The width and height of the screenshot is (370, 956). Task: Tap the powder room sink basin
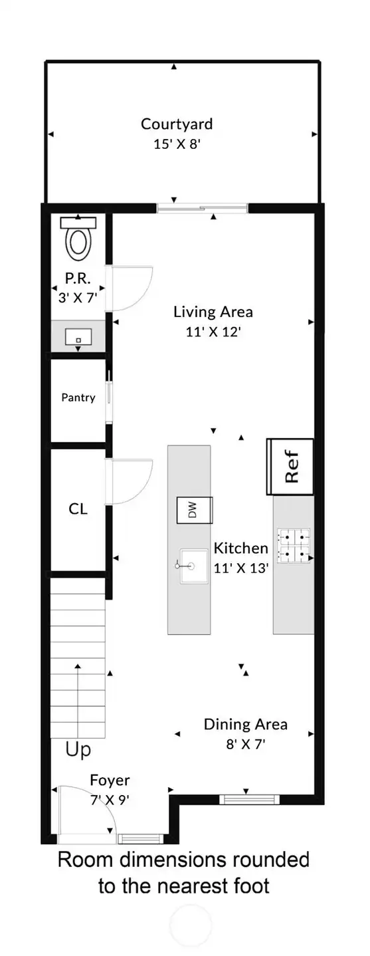[x=78, y=337]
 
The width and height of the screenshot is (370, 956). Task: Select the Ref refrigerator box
[x=290, y=467]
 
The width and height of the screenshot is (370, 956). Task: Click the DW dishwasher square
[x=195, y=510]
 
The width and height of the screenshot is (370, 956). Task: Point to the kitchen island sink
[x=194, y=566]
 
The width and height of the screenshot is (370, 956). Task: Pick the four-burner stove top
[x=294, y=545]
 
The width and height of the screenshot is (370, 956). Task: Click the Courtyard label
[x=177, y=124]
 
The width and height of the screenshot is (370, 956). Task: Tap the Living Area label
[x=213, y=312]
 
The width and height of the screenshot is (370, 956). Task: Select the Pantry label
[x=78, y=398]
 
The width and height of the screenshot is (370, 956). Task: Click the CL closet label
[x=78, y=509]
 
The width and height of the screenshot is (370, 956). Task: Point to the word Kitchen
[x=241, y=548]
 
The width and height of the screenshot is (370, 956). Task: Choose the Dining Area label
[x=246, y=724]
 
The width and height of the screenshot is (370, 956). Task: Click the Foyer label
[x=110, y=780]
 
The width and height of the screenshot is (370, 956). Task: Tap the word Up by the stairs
[x=78, y=749]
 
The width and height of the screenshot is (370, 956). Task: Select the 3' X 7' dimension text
[x=78, y=297]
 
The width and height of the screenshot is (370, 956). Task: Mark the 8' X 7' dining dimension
[x=246, y=745]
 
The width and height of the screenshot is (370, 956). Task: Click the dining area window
[x=249, y=799]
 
